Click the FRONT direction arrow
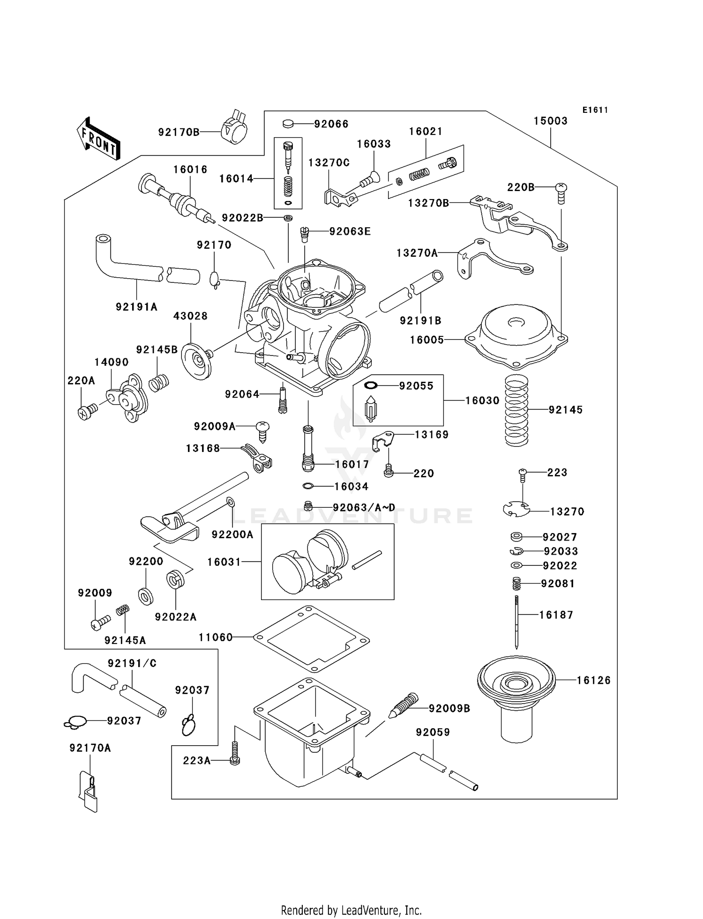[x=98, y=139]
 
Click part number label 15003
[x=550, y=121]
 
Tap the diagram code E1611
[x=595, y=110]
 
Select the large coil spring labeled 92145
[x=516, y=411]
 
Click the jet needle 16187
[x=516, y=621]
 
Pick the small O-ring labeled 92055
[x=371, y=385]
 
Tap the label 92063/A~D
[x=364, y=508]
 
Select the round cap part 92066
[x=288, y=124]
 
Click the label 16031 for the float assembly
[x=224, y=562]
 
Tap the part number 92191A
[x=136, y=307]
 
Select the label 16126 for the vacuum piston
[x=593, y=680]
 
